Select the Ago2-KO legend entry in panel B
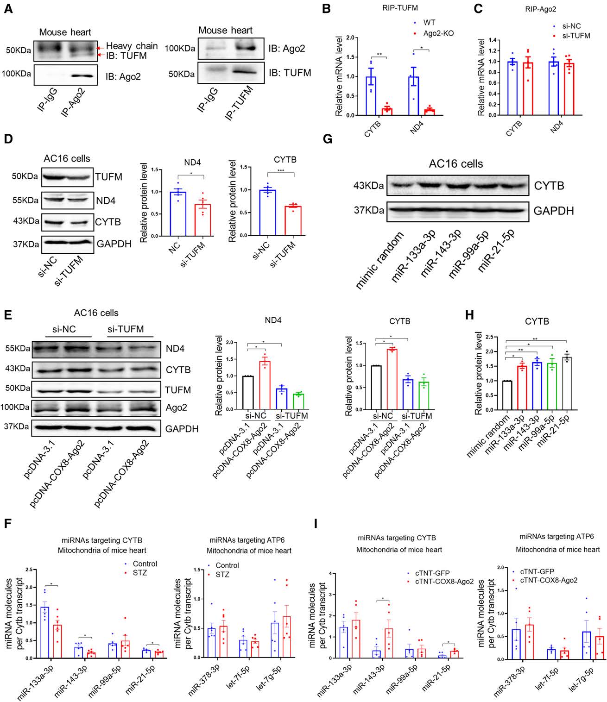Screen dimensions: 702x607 point(436,33)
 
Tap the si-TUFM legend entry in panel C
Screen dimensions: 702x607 point(575,35)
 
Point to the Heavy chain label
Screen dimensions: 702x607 point(132,46)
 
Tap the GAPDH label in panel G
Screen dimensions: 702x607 point(553,211)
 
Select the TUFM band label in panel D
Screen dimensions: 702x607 point(109,176)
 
